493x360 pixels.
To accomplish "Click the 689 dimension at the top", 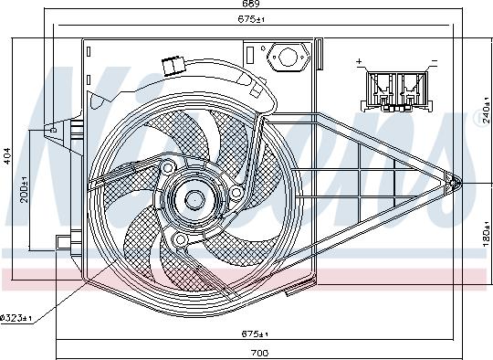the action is (250, 4).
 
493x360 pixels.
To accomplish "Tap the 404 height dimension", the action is (6, 155).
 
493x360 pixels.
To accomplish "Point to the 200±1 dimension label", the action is (25, 189).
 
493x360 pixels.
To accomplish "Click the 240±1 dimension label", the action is (486, 111).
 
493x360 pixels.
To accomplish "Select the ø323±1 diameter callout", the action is (16, 318).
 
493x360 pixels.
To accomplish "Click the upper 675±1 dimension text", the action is (251, 19).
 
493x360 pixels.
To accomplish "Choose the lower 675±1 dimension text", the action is (255, 334).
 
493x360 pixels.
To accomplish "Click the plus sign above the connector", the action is (359, 61).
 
